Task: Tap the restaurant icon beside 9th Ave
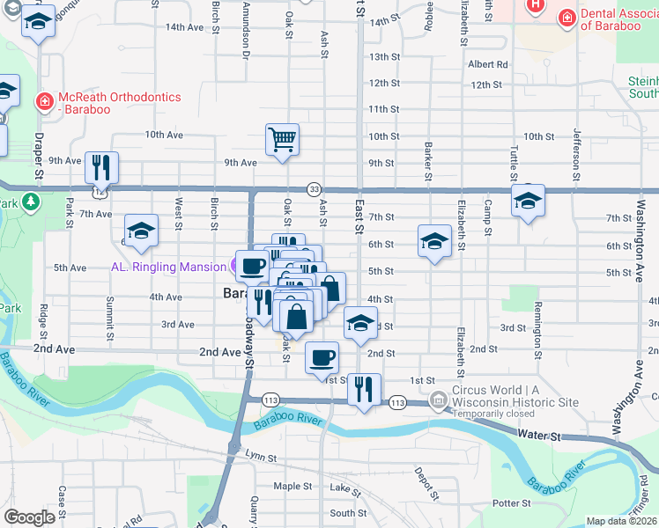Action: (101, 166)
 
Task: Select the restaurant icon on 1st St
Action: (364, 387)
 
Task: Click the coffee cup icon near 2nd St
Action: (322, 356)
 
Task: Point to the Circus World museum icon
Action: (438, 402)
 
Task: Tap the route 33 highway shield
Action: (314, 189)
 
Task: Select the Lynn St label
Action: (261, 458)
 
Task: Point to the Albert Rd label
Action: (487, 64)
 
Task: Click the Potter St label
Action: (512, 503)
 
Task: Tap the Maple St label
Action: (292, 486)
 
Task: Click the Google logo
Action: (29, 517)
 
